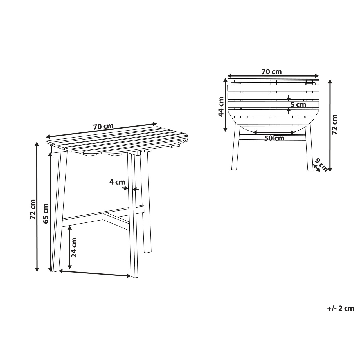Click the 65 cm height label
tap(46, 213)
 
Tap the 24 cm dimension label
tap(74, 247)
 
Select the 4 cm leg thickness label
tap(117, 182)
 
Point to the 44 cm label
tap(221, 107)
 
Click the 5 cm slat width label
tap(298, 104)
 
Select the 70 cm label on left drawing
tap(103, 126)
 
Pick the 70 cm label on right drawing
tap(271, 72)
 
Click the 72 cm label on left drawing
tap(33, 209)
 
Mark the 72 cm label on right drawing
tap(334, 125)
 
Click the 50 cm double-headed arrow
tap(274, 132)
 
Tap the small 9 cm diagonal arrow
tap(316, 168)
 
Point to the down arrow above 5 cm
tap(289, 98)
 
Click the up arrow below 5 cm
tap(289, 111)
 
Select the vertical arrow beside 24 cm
tap(70, 247)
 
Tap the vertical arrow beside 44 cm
tap(226, 104)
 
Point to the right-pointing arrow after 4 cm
tap(125, 188)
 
